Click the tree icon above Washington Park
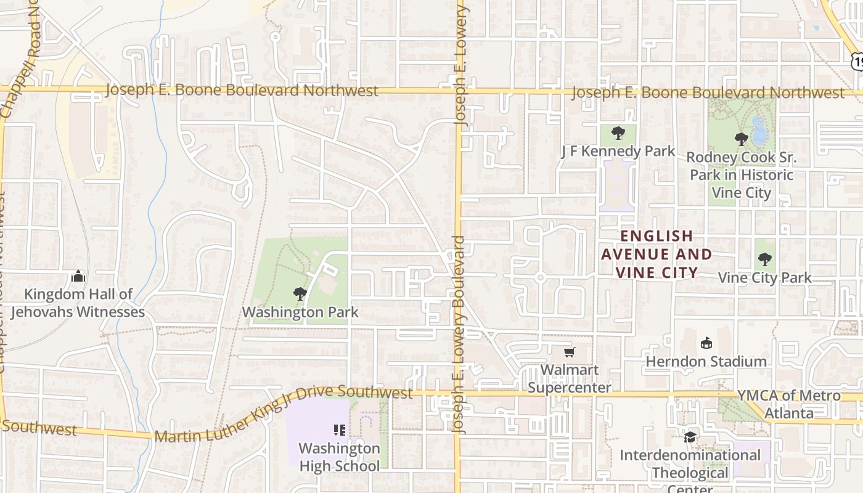pos(300,294)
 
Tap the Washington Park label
pos(300,312)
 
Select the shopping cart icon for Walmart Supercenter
pos(570,352)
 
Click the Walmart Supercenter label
pos(570,378)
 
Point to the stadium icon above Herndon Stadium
pos(706,343)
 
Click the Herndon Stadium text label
pos(706,361)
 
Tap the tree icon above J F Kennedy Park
pos(618,133)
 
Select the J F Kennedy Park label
pos(618,152)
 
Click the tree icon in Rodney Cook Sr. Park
pos(742,139)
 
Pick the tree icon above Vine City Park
pos(765,259)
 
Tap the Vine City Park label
pos(765,278)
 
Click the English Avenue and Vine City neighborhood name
pos(656,254)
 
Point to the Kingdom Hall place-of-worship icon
pos(78,276)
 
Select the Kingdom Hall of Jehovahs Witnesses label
pos(78,303)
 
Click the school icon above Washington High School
pos(339,430)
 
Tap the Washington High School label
pos(339,457)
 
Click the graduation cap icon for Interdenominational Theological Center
pos(690,438)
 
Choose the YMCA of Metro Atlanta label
pos(789,404)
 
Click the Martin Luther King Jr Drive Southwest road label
pos(284,412)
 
